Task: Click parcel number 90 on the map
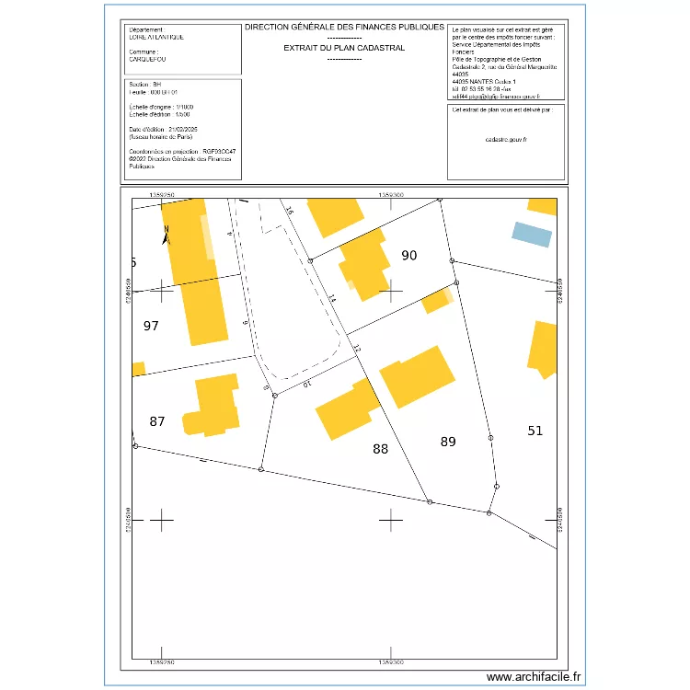409,255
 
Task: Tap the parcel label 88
381,449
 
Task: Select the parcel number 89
448,442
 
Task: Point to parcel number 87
157,421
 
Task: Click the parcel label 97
152,326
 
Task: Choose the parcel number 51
535,430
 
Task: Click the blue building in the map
532,235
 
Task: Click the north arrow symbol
166,235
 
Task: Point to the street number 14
331,300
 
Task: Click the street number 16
287,212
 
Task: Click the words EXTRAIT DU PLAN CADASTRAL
344,47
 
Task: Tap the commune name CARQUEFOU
149,58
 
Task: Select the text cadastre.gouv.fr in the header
505,139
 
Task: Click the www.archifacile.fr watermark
535,676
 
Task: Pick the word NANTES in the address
480,81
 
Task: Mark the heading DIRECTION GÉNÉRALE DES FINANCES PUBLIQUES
344,28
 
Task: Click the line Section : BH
145,85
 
